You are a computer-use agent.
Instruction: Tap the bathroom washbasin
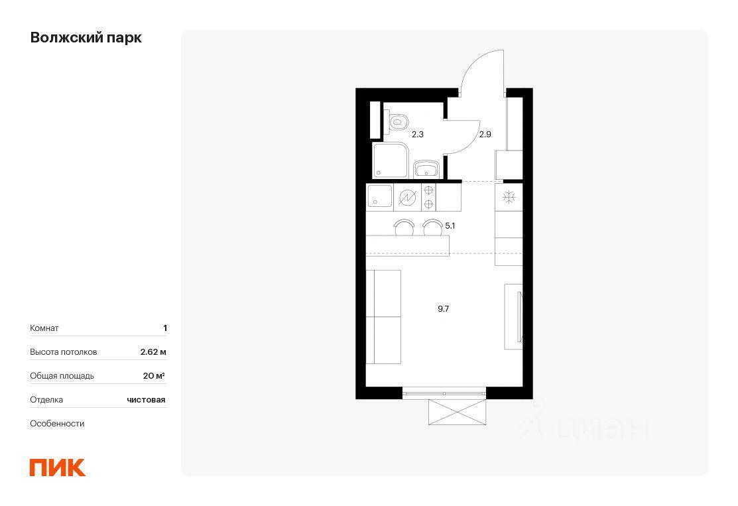tap(426, 169)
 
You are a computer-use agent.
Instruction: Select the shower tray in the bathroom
tap(390, 160)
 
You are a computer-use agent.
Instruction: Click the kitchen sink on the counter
tap(379, 196)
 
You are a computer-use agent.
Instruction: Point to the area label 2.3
tap(418, 135)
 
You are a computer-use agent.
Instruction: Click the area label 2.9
tap(485, 135)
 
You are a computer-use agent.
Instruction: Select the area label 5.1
tap(450, 226)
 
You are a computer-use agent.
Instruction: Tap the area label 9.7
tap(444, 309)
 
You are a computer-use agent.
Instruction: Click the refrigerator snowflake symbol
tap(509, 197)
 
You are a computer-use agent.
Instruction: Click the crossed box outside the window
tap(457, 412)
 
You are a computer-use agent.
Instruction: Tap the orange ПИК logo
tap(58, 468)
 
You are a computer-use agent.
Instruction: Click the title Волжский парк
tap(86, 38)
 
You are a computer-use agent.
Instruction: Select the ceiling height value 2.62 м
tap(153, 352)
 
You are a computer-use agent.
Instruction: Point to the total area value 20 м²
tap(154, 375)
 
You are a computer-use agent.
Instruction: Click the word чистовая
tap(146, 400)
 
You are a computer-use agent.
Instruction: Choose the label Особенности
tap(57, 424)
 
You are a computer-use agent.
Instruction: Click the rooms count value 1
tap(164, 328)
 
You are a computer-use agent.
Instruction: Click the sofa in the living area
tap(384, 317)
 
